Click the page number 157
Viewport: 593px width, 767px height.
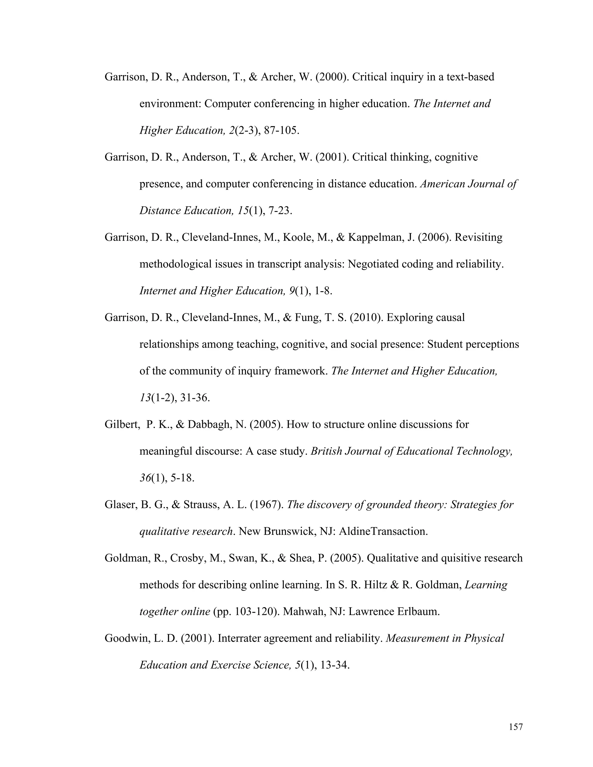(516, 726)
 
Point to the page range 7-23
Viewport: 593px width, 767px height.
(280, 210)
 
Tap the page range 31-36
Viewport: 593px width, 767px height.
(195, 398)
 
